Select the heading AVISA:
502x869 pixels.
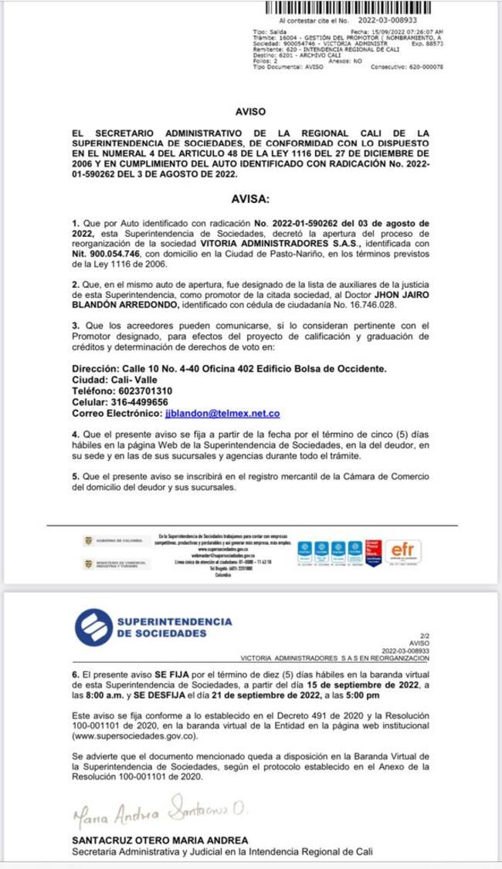point(251,199)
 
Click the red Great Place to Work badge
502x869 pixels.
point(375,550)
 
